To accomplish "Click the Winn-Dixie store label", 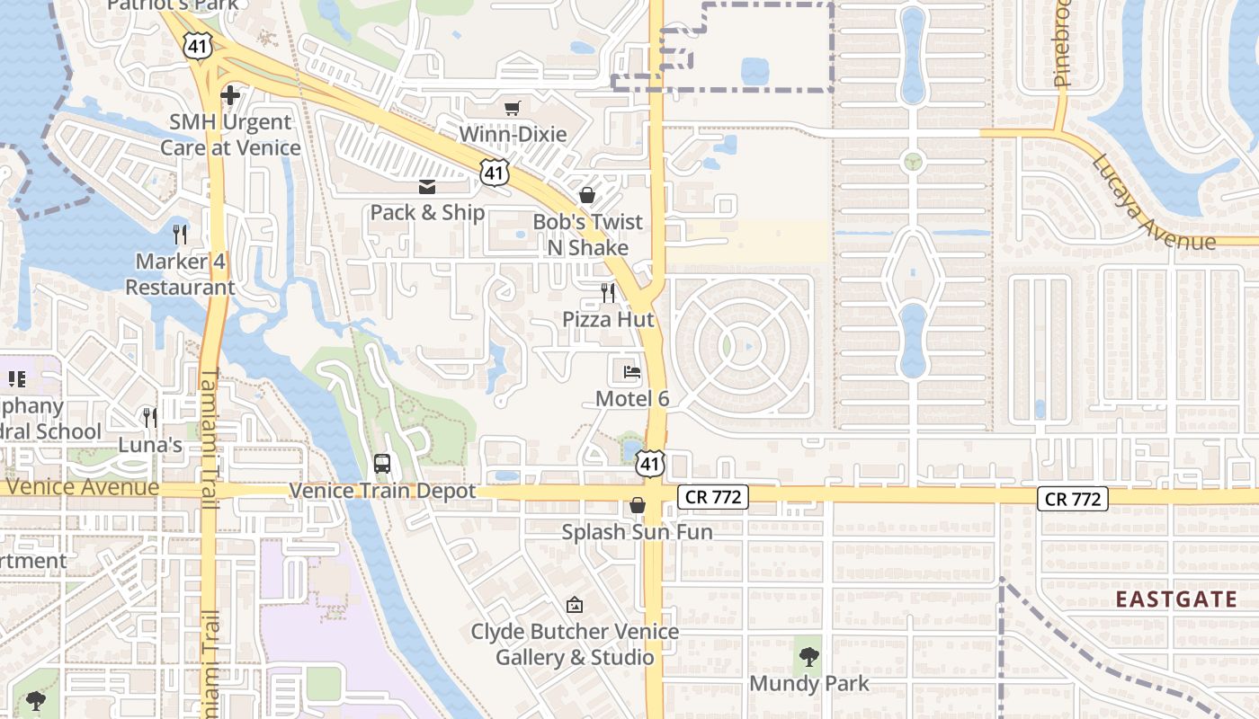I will [x=513, y=135].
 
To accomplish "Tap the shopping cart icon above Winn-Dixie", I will [x=513, y=109].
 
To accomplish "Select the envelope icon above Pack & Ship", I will [x=427, y=187].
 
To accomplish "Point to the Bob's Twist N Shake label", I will [x=588, y=235].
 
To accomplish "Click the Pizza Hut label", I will [x=608, y=319].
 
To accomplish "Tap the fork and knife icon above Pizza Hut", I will [x=609, y=292].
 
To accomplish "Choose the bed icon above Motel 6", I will [x=632, y=372].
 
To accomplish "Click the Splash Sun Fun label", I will [x=637, y=532].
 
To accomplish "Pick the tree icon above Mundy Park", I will [x=809, y=657].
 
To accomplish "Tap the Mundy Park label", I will [x=809, y=684].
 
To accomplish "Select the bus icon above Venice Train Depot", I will [x=382, y=464].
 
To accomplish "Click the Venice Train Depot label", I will [x=382, y=492].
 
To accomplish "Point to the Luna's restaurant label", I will [x=150, y=445].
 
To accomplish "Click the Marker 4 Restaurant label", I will [x=180, y=275].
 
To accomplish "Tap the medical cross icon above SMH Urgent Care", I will [x=230, y=94].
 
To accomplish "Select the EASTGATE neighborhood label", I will [x=1176, y=600].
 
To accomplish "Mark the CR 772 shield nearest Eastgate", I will [x=1072, y=499].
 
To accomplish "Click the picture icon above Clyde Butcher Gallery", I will [x=575, y=605].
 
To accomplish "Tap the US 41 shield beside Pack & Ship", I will [x=494, y=173].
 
